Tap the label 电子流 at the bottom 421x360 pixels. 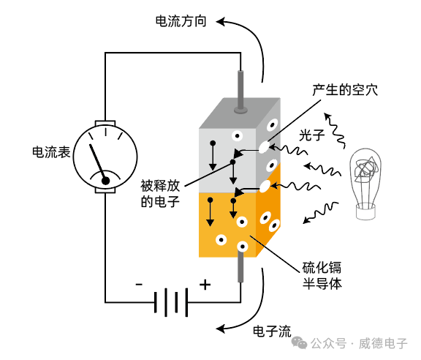[x=272, y=331]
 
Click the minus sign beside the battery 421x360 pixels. [x=139, y=285]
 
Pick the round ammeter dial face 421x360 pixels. [x=106, y=158]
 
